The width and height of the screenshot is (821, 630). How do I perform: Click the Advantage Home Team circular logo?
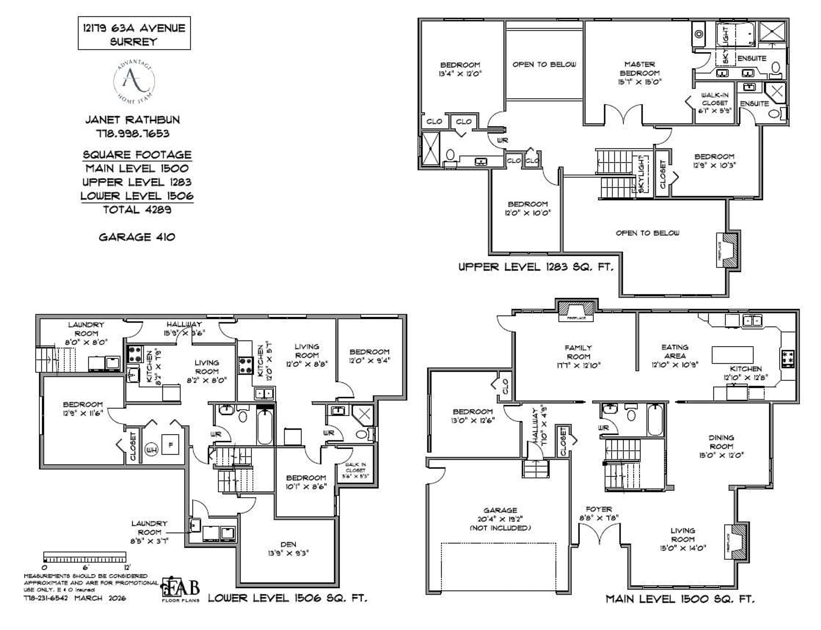(x=134, y=81)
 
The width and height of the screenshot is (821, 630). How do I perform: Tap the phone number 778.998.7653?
(x=133, y=134)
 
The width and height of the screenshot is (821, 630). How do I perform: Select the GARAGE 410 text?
(x=137, y=237)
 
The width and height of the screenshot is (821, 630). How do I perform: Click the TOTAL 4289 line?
(x=137, y=210)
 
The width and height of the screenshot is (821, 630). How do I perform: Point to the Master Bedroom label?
(x=639, y=73)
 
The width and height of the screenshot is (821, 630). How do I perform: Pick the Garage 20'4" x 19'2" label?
(x=500, y=519)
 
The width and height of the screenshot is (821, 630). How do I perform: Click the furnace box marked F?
(x=170, y=445)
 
